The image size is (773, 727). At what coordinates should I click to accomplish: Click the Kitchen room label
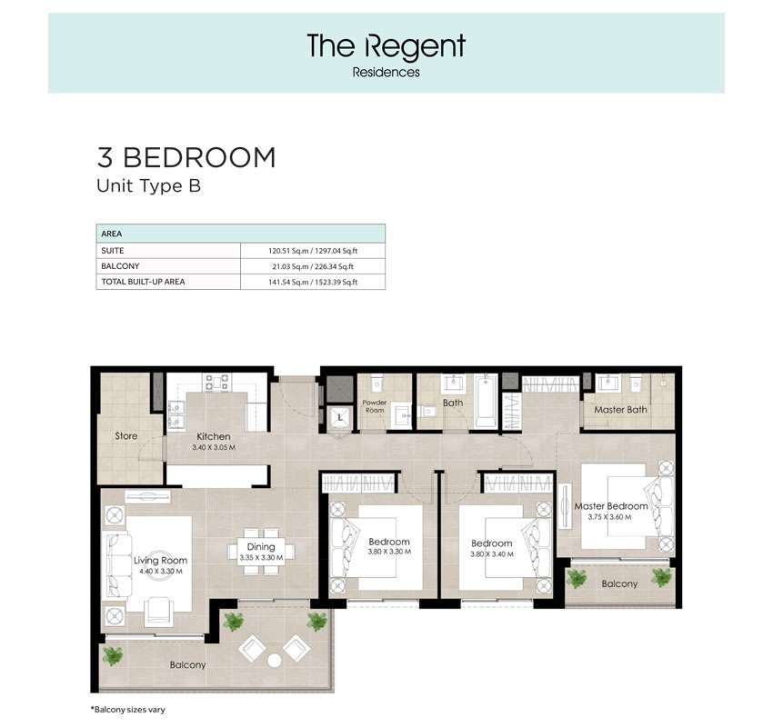coord(214,436)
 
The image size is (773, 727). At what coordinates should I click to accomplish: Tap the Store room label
coord(126,436)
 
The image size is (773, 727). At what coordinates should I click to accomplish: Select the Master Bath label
coord(620,410)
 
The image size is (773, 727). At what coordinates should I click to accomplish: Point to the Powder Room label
coord(375,406)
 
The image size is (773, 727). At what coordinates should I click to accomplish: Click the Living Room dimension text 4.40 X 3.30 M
coord(161,572)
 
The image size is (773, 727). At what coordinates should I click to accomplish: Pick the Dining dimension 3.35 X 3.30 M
coord(261,558)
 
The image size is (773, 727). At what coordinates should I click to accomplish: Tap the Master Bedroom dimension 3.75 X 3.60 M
coord(609,517)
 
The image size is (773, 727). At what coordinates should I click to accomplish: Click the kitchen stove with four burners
coord(217,383)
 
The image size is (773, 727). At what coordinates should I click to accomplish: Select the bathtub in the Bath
coord(486,401)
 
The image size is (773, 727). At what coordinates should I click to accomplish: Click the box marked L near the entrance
coord(340,418)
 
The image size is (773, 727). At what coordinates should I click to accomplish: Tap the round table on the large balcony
coord(274,661)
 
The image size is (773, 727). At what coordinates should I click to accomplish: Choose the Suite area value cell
coord(313,251)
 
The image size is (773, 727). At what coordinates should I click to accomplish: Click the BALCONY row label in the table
coord(120,266)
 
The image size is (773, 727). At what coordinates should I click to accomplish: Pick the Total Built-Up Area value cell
coord(313,283)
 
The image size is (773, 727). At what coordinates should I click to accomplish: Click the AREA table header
coord(112,234)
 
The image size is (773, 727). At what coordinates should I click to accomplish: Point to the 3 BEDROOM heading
coord(186,157)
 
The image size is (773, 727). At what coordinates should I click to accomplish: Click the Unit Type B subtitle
coord(149,186)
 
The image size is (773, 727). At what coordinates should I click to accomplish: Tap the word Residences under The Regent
coord(386,73)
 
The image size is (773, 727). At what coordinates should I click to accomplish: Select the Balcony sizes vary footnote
coord(127,710)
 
